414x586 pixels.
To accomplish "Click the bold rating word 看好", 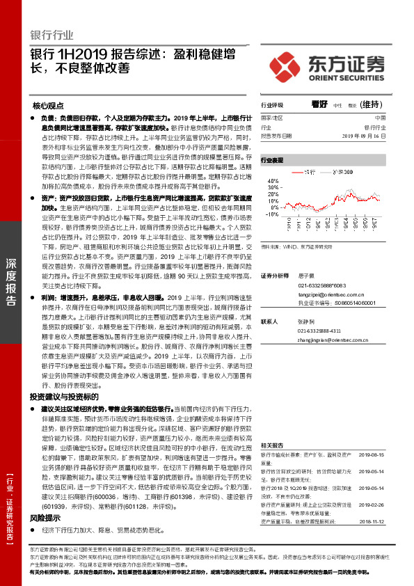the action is click(x=319, y=104).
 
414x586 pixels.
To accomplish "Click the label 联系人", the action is click(x=269, y=322).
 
